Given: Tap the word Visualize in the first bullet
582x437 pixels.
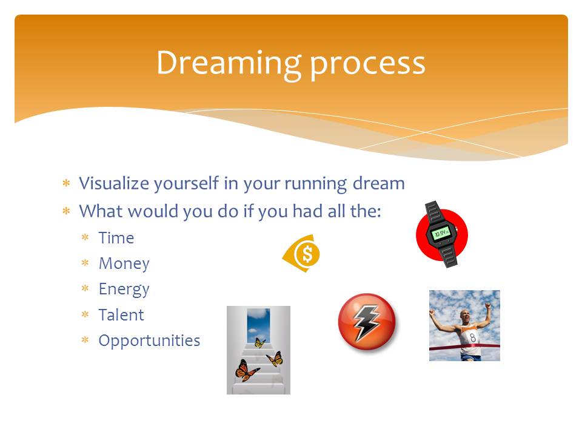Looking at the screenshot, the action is pos(114,183).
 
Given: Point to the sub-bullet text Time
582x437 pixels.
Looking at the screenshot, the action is pos(116,238).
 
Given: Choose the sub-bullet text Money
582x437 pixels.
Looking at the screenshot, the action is pos(124,264).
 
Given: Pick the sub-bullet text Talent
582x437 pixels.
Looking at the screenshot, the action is pos(121,315).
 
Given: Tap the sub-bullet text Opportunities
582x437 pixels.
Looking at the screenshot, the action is pos(149,340).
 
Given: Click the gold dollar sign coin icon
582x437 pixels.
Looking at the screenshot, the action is pos(302,254).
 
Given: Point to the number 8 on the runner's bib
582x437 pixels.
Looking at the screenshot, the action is pos(472,337).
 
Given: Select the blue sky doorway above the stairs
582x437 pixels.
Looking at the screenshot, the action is pos(258,325).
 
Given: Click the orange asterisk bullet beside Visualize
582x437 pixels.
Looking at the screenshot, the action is pos(67,183).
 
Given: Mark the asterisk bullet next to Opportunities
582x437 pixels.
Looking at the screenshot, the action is pos(85,340).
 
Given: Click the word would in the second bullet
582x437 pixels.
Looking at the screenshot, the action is pos(153,211).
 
